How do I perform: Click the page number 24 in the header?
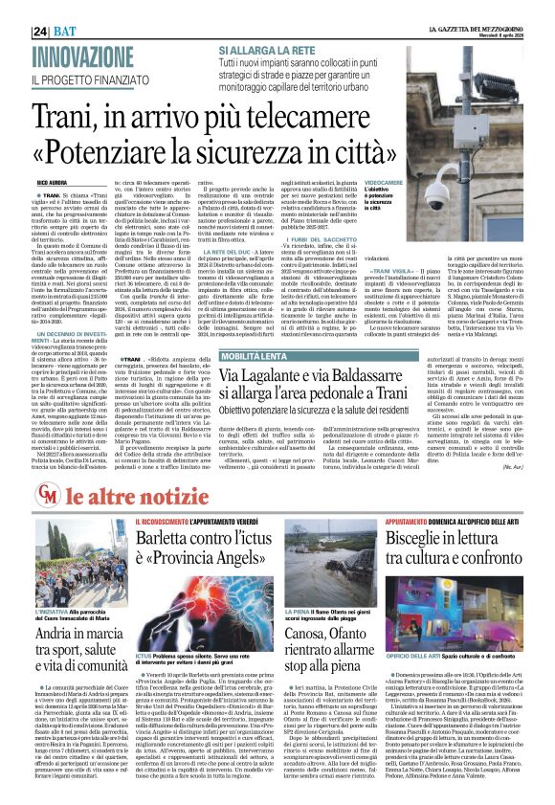[x=41, y=10]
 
